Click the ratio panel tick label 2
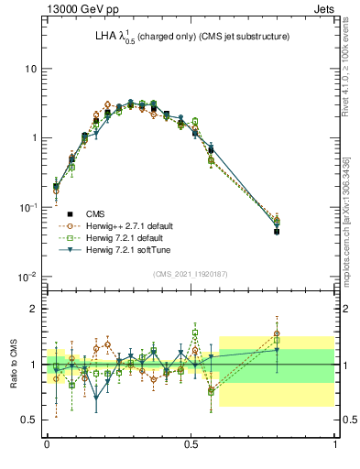click(35, 310)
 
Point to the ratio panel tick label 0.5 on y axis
click(30, 420)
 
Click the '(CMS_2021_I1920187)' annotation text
click(191, 275)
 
